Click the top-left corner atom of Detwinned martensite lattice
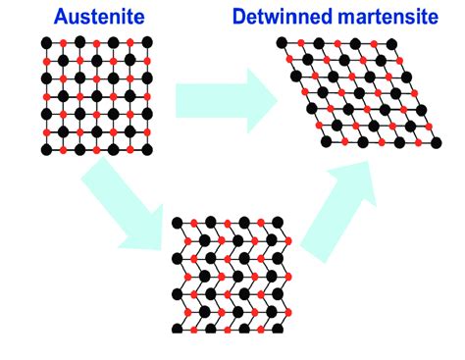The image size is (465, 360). pos(283,42)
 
